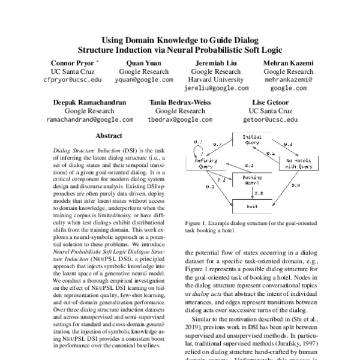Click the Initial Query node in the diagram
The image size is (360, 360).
tap(251, 140)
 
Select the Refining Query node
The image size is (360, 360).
tap(205, 164)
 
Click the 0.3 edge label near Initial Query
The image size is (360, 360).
tap(287, 145)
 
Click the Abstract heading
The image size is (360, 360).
tap(109, 136)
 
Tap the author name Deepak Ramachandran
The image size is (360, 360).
tap(87, 103)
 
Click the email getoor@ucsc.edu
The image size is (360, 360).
tap(270, 119)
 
